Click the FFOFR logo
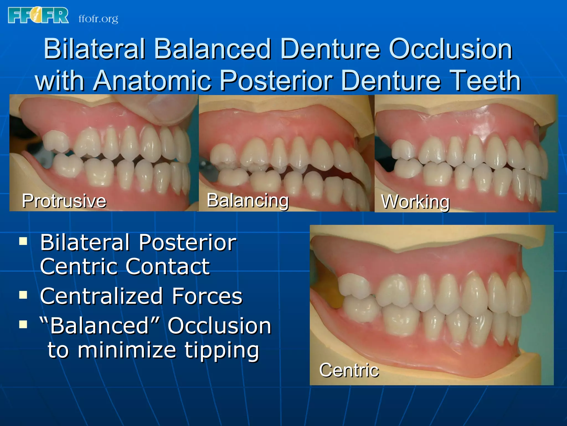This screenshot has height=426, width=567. (x=38, y=15)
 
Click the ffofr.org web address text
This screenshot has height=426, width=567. (x=98, y=19)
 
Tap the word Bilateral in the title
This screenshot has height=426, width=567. (x=94, y=49)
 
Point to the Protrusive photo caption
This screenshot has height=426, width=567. (x=64, y=201)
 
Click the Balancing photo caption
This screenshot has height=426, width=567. (x=248, y=200)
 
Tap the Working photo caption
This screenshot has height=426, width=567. (x=415, y=202)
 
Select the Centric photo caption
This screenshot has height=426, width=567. (x=349, y=370)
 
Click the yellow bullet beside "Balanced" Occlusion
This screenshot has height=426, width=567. (x=23, y=324)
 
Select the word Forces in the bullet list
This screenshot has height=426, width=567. (x=207, y=296)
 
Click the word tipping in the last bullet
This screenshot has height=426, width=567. (x=222, y=350)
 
